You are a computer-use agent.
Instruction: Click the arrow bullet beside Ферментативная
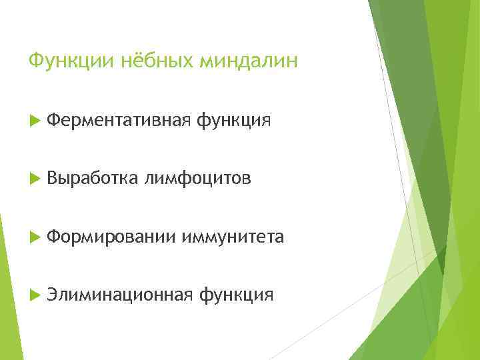(35, 121)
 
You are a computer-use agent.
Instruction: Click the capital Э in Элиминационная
(53, 294)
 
